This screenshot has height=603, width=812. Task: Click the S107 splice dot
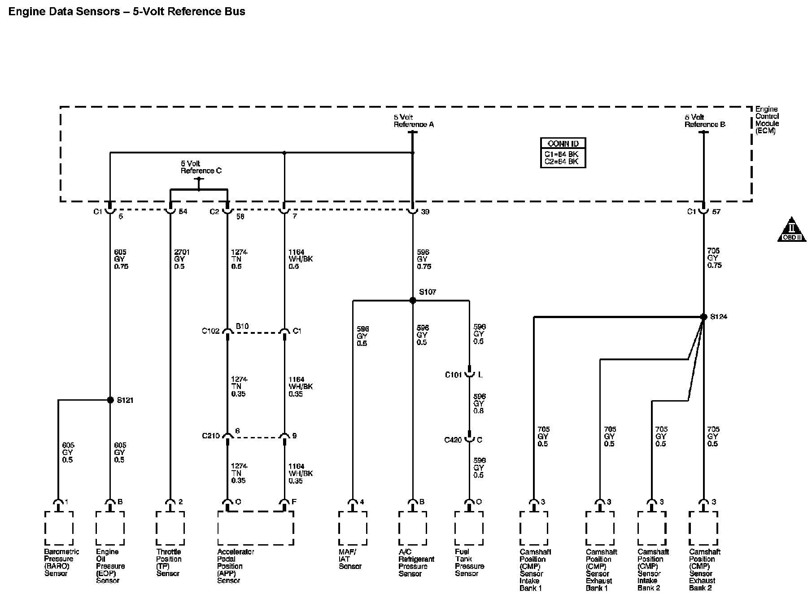(x=413, y=301)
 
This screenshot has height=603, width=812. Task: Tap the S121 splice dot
(x=110, y=400)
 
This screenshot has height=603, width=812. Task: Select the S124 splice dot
(x=703, y=317)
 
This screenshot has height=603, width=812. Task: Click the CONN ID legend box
(x=563, y=153)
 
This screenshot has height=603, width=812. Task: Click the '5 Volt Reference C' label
(x=201, y=167)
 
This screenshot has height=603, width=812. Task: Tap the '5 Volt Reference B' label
(x=704, y=121)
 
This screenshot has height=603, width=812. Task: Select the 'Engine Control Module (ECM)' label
(x=767, y=120)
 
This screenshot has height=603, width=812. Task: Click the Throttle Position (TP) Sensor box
(x=170, y=528)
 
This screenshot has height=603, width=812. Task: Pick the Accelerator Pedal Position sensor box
(x=255, y=528)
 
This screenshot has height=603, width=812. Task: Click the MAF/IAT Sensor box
(x=353, y=528)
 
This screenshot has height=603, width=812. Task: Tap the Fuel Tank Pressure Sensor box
(x=469, y=528)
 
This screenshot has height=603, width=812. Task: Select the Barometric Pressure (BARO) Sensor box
(x=59, y=528)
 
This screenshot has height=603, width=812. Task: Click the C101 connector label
(x=453, y=375)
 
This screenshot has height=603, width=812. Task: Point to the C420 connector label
(x=453, y=440)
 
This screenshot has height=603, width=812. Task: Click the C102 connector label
(x=210, y=331)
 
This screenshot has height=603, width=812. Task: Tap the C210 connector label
(x=210, y=436)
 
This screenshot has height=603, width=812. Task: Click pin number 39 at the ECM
(x=425, y=212)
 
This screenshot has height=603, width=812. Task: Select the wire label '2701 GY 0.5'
(x=179, y=259)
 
